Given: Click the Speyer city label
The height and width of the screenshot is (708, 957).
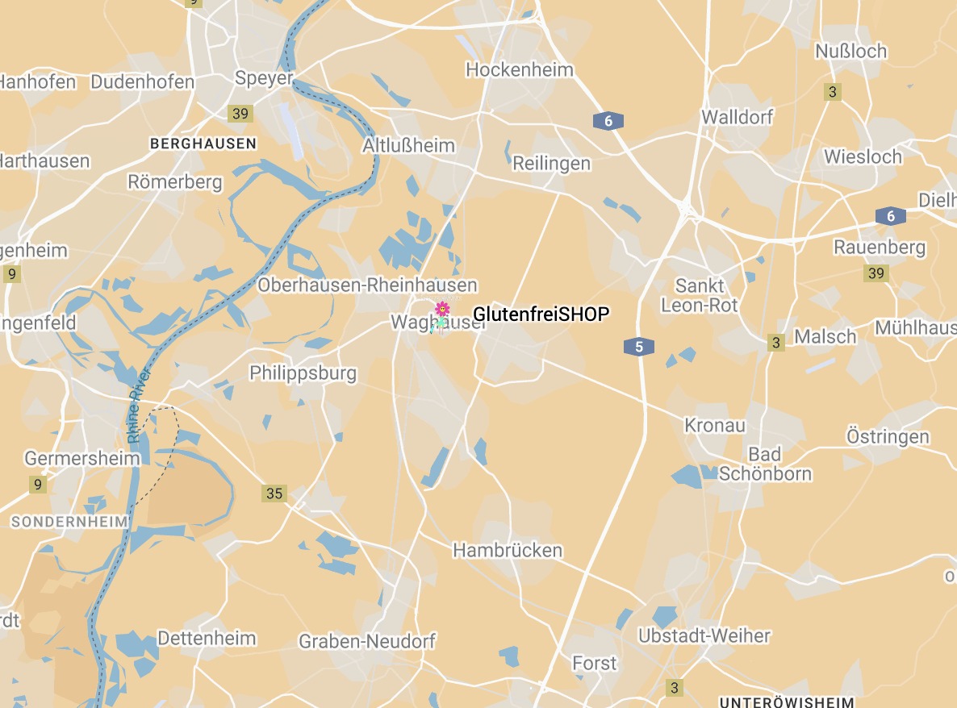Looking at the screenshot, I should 263,77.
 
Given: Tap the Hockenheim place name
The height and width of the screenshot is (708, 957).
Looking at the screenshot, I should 520,69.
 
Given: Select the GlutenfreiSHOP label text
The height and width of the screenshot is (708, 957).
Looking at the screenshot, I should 541,314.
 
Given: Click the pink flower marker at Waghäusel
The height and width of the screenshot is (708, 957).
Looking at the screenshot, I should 441,310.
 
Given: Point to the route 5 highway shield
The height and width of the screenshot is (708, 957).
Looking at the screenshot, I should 638,347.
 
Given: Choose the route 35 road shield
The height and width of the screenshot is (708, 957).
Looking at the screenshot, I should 274,493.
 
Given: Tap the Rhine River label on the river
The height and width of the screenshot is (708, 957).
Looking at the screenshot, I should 139,407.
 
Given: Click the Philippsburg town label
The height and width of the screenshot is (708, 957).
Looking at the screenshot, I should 303,373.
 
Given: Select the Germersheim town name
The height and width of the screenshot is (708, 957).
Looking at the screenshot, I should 82,458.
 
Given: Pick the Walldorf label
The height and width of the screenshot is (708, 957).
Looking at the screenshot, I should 737,117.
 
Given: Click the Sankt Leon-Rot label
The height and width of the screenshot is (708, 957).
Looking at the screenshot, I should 700,295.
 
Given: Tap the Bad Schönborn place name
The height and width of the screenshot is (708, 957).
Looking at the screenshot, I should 764,464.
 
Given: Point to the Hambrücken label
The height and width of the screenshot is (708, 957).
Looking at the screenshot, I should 508,550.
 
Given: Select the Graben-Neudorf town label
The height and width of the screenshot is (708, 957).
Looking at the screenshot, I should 367,641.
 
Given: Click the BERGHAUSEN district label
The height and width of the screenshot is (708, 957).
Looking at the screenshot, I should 203,144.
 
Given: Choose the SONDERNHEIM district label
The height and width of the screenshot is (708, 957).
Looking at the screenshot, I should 69,522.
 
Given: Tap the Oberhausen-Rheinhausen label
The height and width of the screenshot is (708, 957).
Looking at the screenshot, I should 367,285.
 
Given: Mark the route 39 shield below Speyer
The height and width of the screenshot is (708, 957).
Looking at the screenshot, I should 240,114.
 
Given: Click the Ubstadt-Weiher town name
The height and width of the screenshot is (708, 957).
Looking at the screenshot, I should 704,635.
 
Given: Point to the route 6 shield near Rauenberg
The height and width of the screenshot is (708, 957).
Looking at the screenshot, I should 891,216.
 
